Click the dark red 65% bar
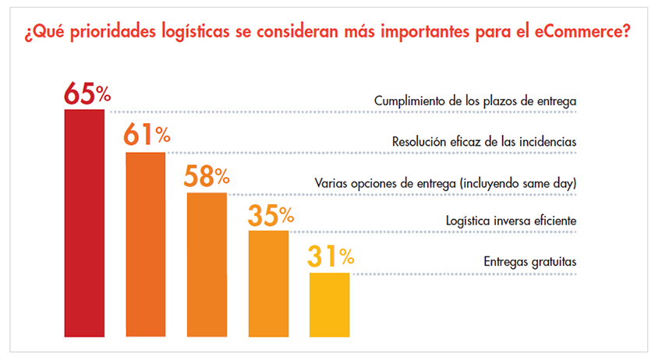pos(84,223)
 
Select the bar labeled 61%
pos(146,244)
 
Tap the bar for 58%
pos(207,264)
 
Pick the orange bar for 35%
pos(268,284)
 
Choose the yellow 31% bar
pos(330,304)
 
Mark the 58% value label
pos(207,176)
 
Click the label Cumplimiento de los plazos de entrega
pos(475,101)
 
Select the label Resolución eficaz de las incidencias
pos(483,142)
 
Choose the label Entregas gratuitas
pos(529,262)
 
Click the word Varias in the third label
pos(331,182)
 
